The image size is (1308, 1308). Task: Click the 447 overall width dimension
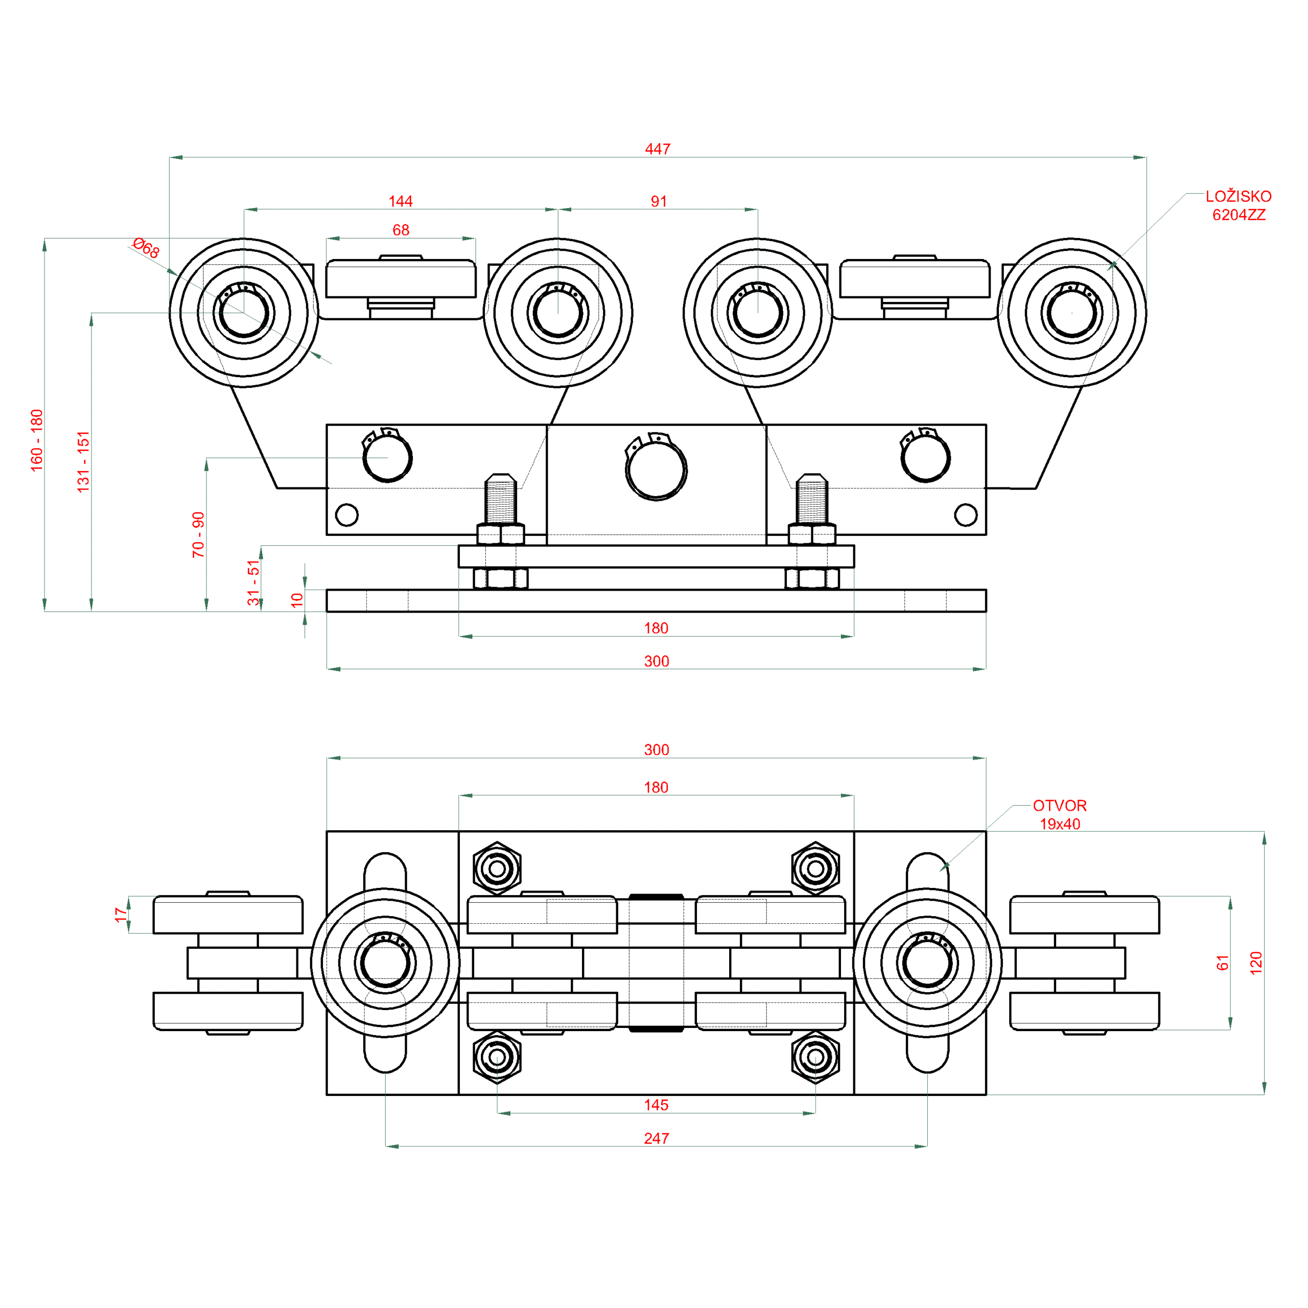658,149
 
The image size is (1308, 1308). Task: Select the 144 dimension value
400,201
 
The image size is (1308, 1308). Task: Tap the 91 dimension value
659,201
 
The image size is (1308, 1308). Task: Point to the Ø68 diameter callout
146,248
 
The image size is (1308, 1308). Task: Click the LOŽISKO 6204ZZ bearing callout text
1239,205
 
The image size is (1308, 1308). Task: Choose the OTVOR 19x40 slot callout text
1060,814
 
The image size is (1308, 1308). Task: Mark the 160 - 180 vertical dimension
37,440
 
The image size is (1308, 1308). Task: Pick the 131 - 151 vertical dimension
83,462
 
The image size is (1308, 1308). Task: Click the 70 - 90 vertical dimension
198,535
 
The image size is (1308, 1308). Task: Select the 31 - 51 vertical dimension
253,582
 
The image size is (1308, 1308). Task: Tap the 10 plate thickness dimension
296,600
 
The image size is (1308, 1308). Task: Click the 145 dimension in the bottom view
656,1105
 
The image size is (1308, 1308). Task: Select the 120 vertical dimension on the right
1256,963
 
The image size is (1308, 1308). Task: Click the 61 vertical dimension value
1222,963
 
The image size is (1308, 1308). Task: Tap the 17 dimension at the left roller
121,915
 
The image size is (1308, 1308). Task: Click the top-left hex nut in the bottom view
497,869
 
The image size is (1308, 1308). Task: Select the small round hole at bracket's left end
346,515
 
